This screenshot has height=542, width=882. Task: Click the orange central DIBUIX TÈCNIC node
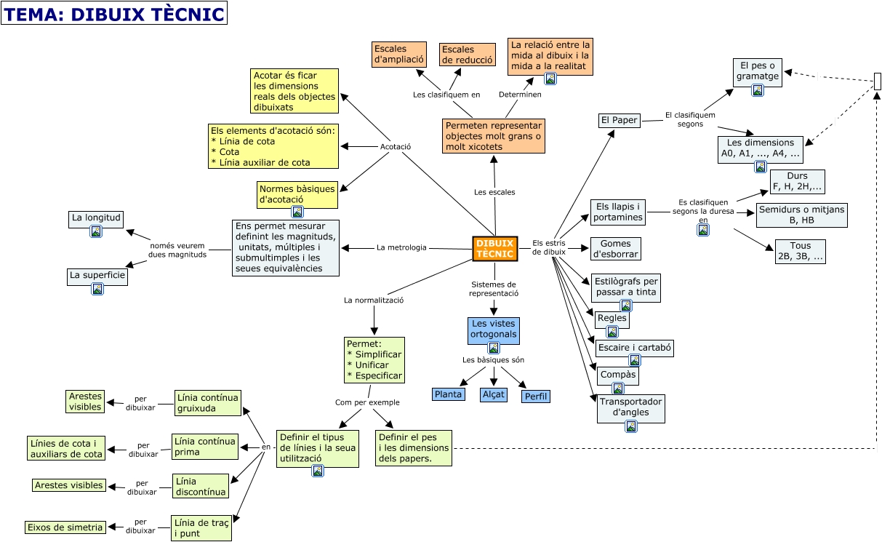[x=494, y=249]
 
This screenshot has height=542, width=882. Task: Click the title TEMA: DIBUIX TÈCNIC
[x=114, y=13]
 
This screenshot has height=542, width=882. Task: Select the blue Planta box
[x=448, y=394]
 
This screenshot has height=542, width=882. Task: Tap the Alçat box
[x=494, y=394]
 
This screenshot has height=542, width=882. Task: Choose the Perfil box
[x=536, y=396]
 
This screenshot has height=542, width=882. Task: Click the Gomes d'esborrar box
[x=616, y=249]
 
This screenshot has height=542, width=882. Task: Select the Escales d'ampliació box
[x=398, y=55]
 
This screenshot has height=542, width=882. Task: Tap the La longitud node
[x=95, y=217]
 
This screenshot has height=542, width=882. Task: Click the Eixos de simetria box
[x=65, y=527]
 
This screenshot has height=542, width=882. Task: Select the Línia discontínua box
[x=201, y=486]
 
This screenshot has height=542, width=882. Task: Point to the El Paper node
[x=619, y=120]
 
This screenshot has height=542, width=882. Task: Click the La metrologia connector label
[x=401, y=247]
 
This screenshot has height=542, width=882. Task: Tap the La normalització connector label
[x=374, y=300]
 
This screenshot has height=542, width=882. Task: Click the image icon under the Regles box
[x=612, y=332]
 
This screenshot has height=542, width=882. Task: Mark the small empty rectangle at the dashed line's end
[x=877, y=80]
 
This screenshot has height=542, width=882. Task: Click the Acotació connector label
[x=396, y=147]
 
